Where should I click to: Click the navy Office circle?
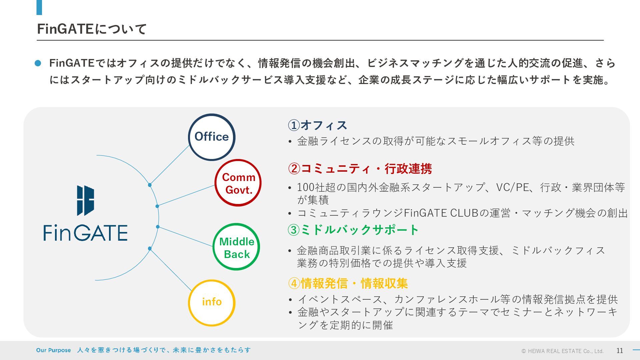212,137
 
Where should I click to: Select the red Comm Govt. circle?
238,183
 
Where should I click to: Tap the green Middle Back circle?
236,247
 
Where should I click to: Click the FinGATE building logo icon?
85,200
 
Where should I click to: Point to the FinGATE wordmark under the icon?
85,232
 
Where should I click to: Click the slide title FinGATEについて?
92,29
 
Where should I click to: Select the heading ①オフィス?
317,125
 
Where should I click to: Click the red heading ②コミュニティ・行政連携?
360,169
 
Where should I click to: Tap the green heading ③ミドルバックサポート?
353,230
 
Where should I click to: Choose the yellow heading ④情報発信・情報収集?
348,283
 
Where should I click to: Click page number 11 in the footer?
620,350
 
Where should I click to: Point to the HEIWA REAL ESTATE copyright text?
562,351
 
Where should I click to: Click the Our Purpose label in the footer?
53,350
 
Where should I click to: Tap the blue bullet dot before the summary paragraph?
38,63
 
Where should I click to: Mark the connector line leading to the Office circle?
170,165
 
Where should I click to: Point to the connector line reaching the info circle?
171,269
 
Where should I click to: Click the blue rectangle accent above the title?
39,7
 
